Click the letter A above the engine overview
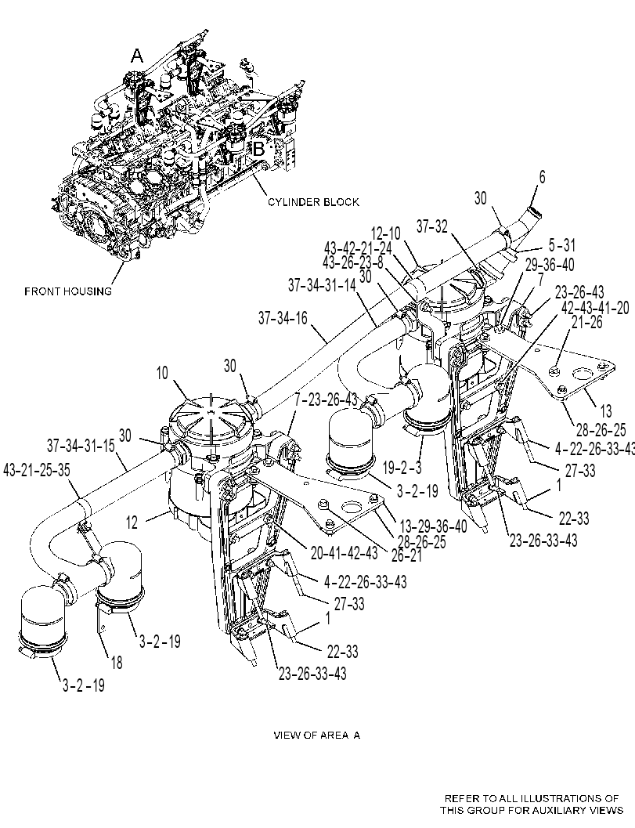(137, 55)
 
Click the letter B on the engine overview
(258, 149)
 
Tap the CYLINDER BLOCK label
(313, 202)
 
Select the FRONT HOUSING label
(68, 291)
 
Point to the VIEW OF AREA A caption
(316, 735)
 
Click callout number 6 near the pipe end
(542, 177)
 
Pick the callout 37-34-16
(283, 318)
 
